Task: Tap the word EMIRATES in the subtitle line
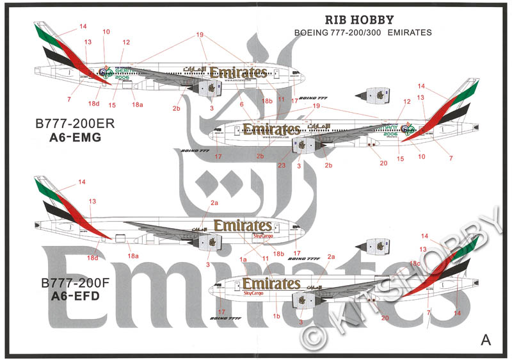(410, 33)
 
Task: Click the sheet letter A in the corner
(486, 340)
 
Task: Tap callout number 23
(281, 165)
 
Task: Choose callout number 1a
(243, 259)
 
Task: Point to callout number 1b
(277, 316)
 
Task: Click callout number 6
(242, 104)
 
